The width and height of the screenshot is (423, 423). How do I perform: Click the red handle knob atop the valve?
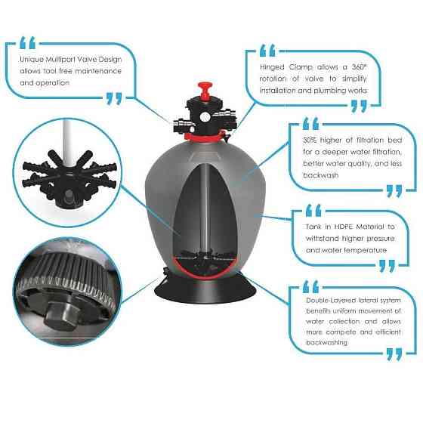(x=205, y=90)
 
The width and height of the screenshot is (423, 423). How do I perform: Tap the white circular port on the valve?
(x=205, y=117)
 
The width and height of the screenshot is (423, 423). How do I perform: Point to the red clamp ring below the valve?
(x=207, y=135)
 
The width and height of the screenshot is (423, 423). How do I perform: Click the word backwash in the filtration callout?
(x=320, y=175)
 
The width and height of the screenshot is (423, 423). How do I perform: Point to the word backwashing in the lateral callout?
(x=326, y=343)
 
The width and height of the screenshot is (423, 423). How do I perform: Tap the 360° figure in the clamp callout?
(x=359, y=67)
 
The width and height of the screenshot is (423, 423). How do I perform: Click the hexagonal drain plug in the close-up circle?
(x=61, y=316)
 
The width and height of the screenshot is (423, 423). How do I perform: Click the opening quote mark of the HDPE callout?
(x=313, y=211)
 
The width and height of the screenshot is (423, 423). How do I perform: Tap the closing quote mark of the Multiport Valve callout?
(x=114, y=98)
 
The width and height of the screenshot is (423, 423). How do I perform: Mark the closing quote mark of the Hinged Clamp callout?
(x=359, y=106)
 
